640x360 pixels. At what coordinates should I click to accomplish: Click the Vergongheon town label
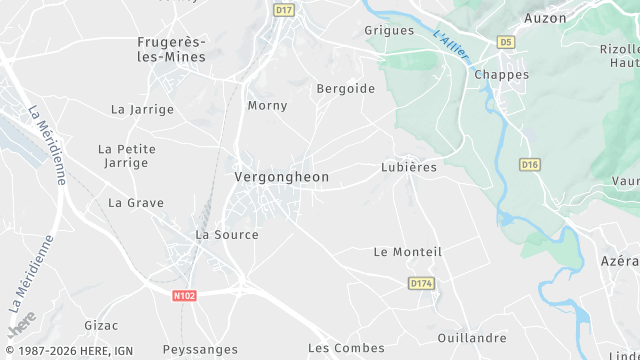click(281, 177)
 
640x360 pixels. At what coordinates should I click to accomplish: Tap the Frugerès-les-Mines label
click(171, 50)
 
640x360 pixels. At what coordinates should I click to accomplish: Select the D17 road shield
click(284, 10)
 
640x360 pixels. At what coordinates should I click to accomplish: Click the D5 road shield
click(506, 42)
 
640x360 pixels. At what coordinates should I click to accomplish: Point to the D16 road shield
click(530, 164)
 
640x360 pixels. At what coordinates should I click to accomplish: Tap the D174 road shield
click(422, 285)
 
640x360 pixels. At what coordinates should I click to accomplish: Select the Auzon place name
click(545, 18)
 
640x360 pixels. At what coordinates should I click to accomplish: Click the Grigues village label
click(389, 31)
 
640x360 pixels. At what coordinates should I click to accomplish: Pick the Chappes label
click(502, 75)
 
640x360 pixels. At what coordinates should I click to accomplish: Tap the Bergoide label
click(345, 89)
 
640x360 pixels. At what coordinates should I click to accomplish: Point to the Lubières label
click(409, 167)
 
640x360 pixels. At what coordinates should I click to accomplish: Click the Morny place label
click(267, 106)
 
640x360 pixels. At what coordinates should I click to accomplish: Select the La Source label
click(227, 235)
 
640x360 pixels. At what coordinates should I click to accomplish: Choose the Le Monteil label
click(407, 252)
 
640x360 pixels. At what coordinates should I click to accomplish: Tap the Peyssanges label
click(203, 350)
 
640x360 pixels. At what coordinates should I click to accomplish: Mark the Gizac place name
click(101, 326)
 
